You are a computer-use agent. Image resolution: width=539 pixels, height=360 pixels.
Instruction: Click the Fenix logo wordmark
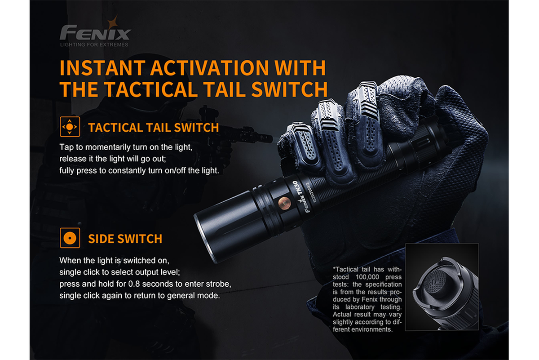tap(95, 34)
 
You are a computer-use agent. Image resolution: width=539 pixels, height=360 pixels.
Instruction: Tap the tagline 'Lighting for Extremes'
tap(94, 44)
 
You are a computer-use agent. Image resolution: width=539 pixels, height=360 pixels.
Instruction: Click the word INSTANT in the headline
tap(101, 69)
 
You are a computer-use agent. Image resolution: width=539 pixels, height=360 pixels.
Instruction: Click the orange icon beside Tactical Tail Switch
tap(70, 127)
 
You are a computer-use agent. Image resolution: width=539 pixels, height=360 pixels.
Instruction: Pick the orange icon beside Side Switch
tap(70, 238)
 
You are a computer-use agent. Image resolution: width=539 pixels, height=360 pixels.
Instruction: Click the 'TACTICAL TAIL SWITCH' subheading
tap(154, 128)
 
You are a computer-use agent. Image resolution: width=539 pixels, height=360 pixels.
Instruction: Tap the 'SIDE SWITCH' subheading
tap(125, 239)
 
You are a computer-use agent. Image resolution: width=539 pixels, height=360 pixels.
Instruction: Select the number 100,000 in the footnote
tap(371, 276)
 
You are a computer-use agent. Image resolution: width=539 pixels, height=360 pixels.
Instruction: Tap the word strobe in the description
tap(220, 284)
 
